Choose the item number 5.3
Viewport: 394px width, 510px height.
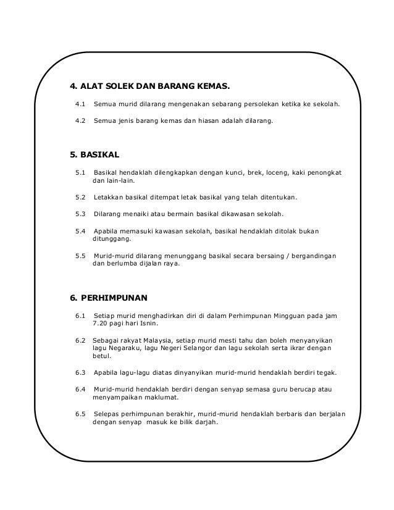click(x=80, y=214)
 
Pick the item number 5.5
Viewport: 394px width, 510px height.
click(x=80, y=255)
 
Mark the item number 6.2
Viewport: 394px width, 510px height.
click(x=80, y=340)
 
